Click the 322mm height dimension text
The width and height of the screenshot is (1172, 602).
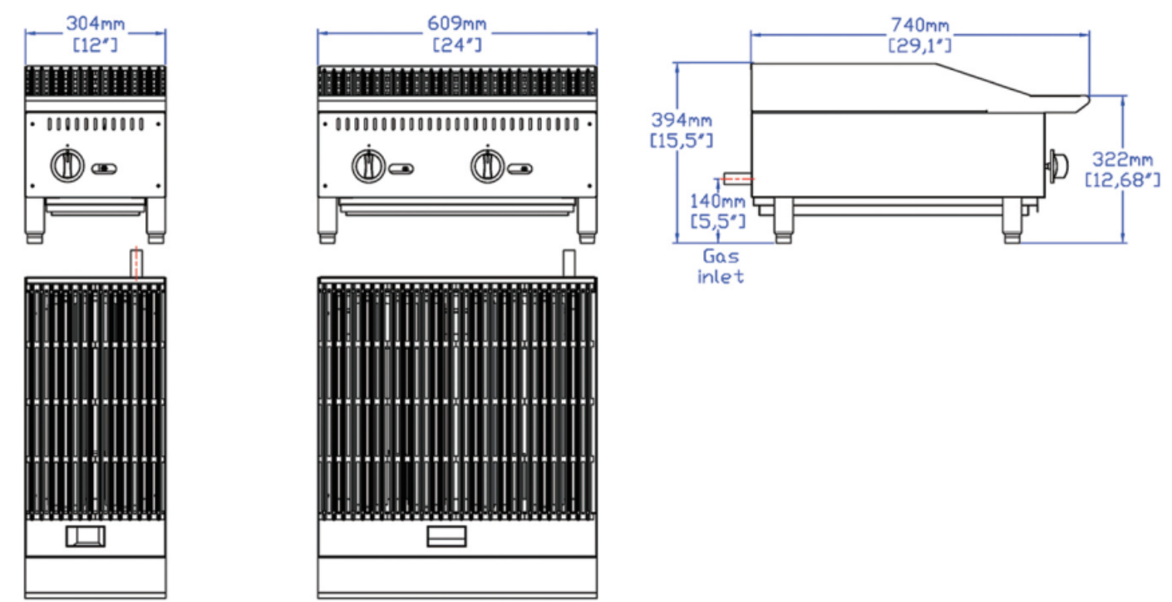pyautogui.click(x=1123, y=160)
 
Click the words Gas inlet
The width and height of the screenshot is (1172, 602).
pyautogui.click(x=720, y=266)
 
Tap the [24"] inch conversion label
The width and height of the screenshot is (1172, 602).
pyautogui.click(x=457, y=45)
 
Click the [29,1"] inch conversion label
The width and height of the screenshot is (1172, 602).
pyautogui.click(x=920, y=45)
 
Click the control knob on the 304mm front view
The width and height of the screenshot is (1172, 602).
pyautogui.click(x=66, y=165)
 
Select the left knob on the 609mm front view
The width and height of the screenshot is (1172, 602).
pyautogui.click(x=367, y=165)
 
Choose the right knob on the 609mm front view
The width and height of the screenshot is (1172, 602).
pyautogui.click(x=486, y=165)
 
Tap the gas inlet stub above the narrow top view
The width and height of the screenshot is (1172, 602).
pyautogui.click(x=135, y=262)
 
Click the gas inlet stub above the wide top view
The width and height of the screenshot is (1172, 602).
pyautogui.click(x=569, y=263)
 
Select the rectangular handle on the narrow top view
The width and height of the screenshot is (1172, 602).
pyautogui.click(x=86, y=537)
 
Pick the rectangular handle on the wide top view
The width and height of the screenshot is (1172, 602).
pyautogui.click(x=447, y=537)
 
